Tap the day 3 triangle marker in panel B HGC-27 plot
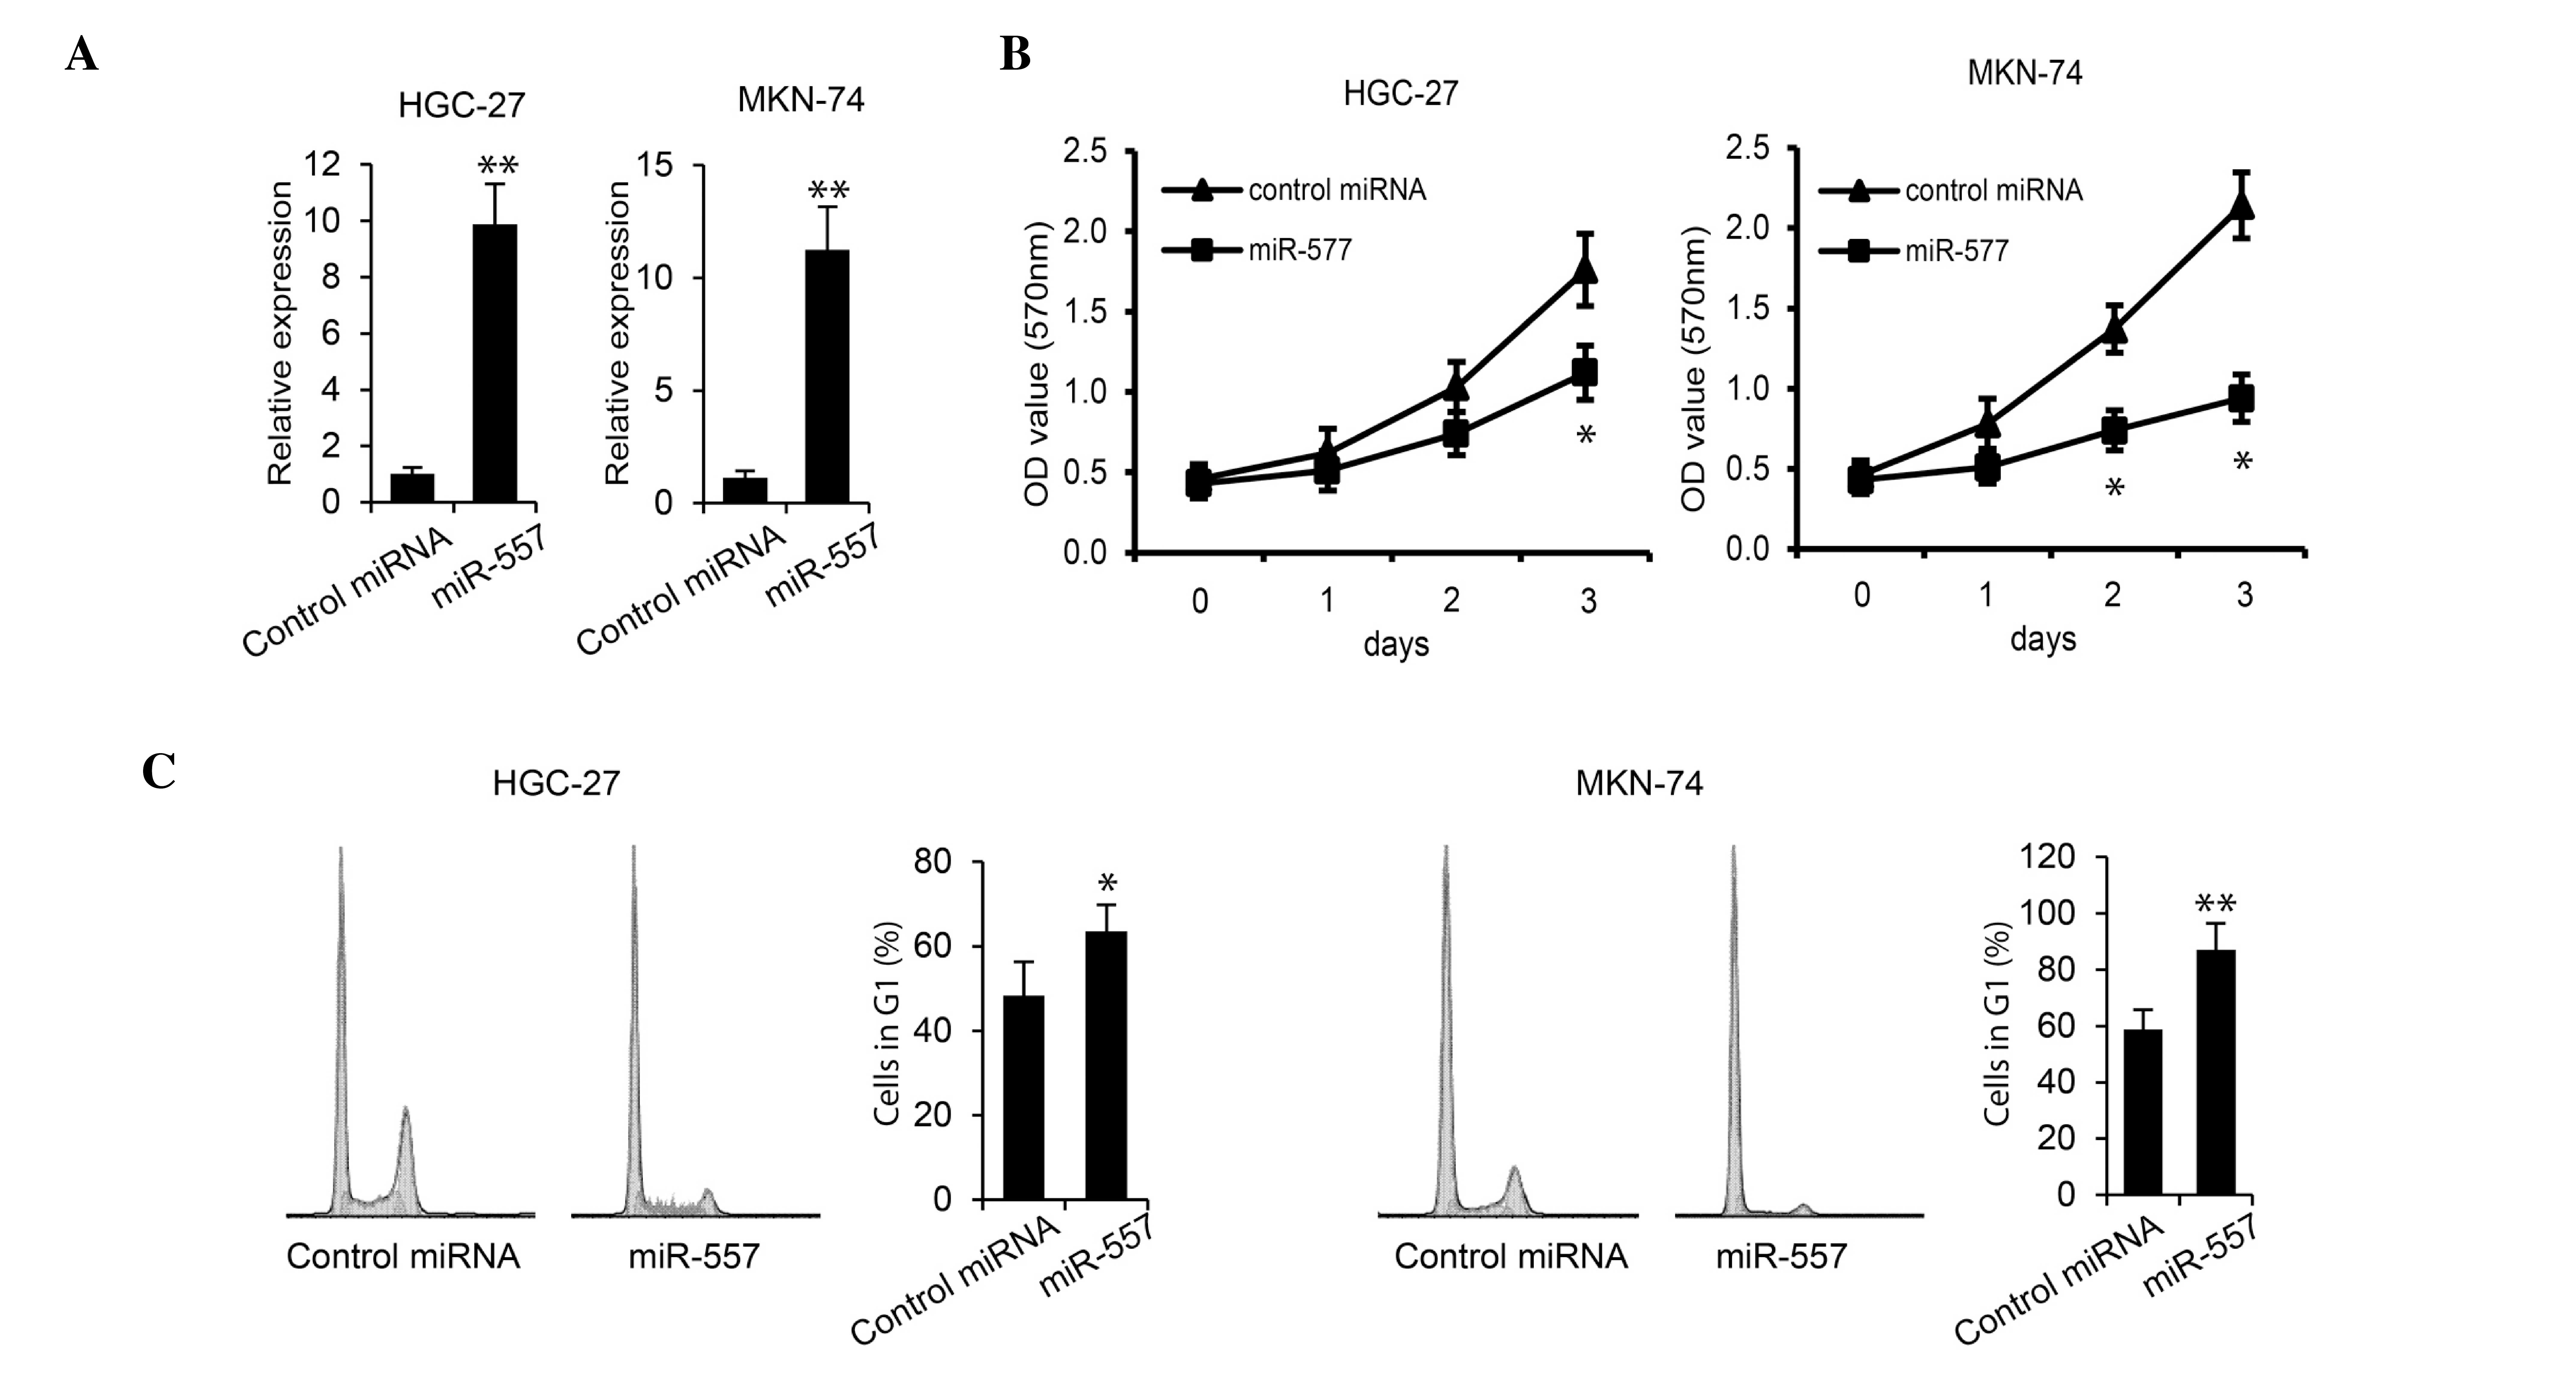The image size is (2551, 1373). (x=1585, y=270)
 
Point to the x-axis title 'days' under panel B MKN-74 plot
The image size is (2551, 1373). (x=2042, y=639)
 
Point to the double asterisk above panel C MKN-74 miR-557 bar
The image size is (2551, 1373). (x=2215, y=904)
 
